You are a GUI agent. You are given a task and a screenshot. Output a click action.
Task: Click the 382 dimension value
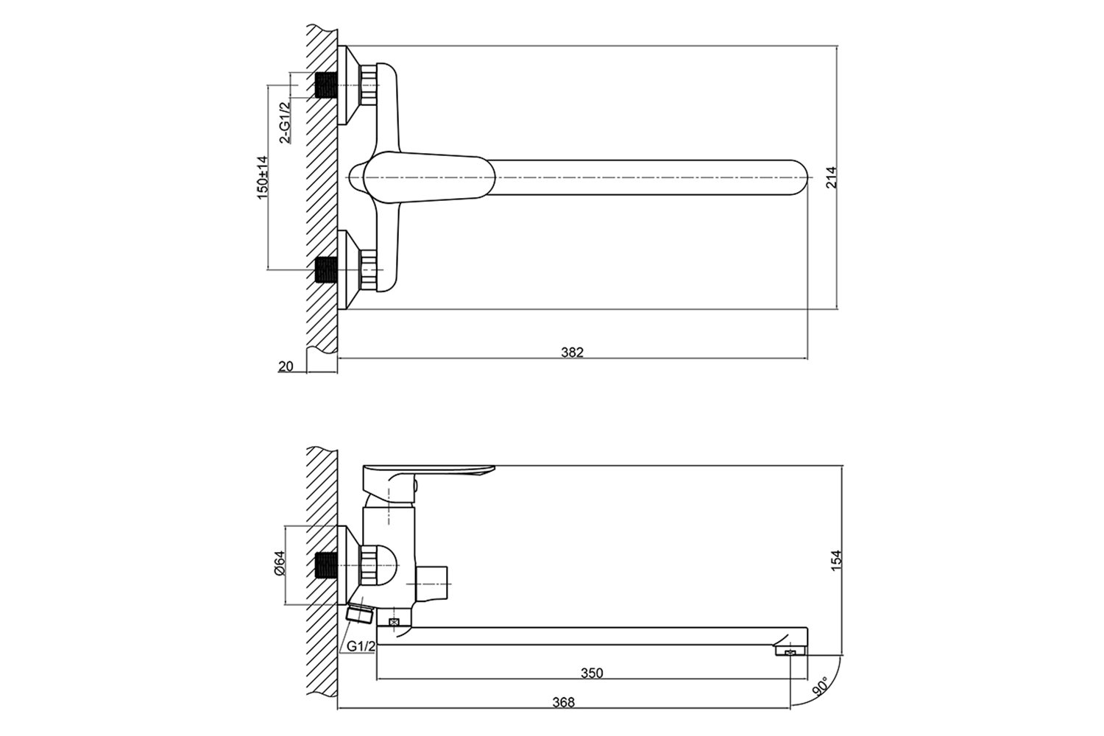click(572, 352)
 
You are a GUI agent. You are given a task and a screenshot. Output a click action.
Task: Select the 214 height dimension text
click(831, 177)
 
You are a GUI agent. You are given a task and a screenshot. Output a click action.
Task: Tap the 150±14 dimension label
click(263, 178)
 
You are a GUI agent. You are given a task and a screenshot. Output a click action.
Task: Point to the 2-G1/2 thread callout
click(285, 123)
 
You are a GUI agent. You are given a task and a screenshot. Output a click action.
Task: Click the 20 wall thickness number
click(286, 367)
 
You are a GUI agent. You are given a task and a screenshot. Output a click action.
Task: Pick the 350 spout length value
click(592, 673)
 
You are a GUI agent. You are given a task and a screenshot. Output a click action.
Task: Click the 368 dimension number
click(564, 702)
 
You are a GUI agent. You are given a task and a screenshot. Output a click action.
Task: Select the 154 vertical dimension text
click(836, 561)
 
